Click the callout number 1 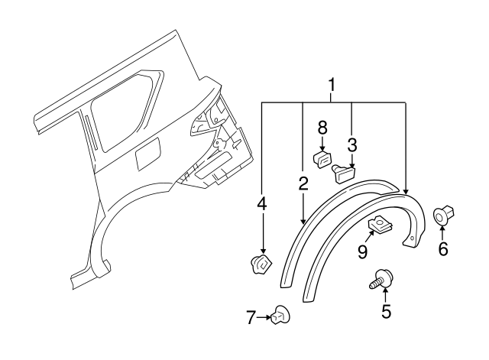(x=332, y=83)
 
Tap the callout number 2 (x=303, y=183)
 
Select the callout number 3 (x=352, y=144)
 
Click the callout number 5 (x=386, y=311)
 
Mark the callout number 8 (x=322, y=127)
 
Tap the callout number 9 (x=362, y=251)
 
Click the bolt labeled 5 (x=381, y=280)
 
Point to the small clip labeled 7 (x=280, y=315)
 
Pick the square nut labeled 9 (x=377, y=225)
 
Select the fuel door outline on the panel (x=147, y=155)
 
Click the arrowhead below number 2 (x=303, y=221)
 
